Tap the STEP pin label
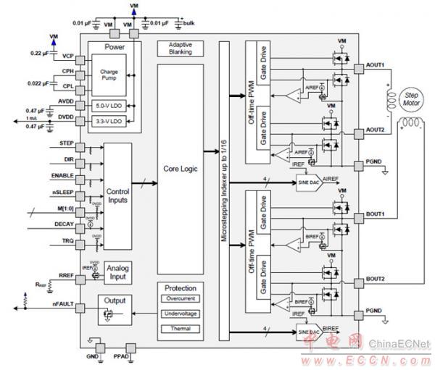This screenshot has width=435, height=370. click(x=63, y=145)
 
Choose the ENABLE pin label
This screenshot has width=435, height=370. click(x=60, y=176)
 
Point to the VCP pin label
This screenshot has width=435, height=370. click(x=68, y=56)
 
